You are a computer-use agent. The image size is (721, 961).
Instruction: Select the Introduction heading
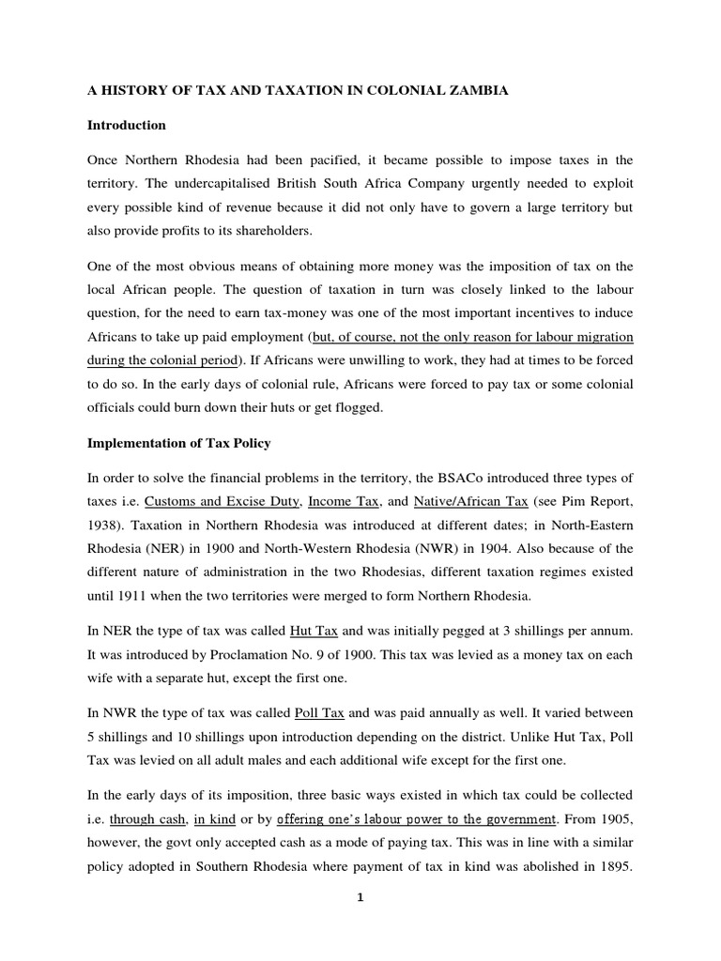point(127,125)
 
